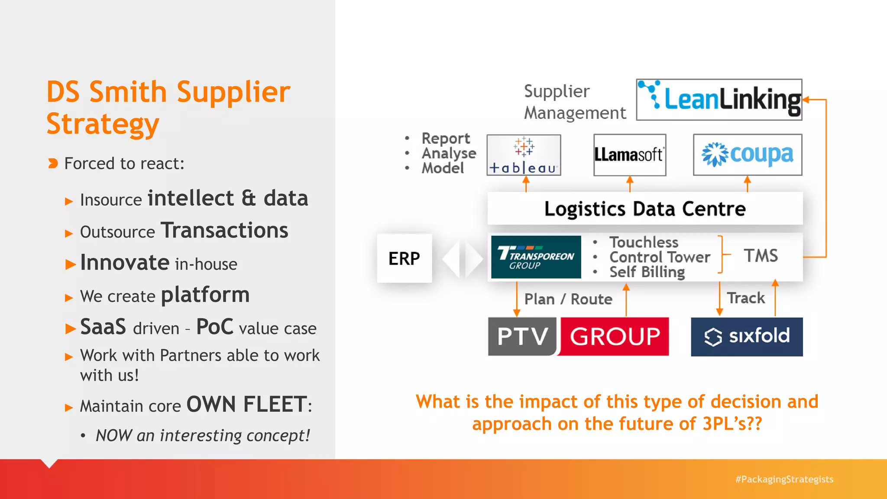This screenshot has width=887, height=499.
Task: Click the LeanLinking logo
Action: tap(719, 99)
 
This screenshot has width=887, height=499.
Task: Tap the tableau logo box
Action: tap(524, 155)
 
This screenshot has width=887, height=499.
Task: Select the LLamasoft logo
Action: tap(629, 155)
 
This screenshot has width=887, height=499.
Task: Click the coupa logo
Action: tap(748, 155)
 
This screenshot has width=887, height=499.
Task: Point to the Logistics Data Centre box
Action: tap(645, 208)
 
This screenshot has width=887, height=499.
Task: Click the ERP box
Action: tap(404, 258)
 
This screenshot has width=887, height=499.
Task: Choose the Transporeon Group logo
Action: tap(536, 257)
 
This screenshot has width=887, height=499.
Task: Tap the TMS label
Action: tap(761, 256)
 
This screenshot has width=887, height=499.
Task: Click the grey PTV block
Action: tap(522, 336)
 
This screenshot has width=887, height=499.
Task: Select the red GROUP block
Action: tap(615, 336)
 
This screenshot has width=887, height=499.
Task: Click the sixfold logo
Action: tap(747, 337)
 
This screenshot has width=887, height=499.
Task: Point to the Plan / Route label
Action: tap(568, 299)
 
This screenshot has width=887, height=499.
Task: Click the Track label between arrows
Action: tap(746, 298)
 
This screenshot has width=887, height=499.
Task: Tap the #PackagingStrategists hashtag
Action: tap(784, 479)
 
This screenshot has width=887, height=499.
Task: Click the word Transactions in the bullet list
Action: tap(224, 230)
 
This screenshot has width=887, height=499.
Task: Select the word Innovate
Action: tap(125, 262)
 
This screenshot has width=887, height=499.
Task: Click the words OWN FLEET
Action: tap(247, 405)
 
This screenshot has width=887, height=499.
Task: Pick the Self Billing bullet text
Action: tap(647, 272)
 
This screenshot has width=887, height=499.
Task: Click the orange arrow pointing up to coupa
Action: tap(747, 184)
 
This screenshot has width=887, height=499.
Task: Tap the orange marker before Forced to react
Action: tap(53, 163)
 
